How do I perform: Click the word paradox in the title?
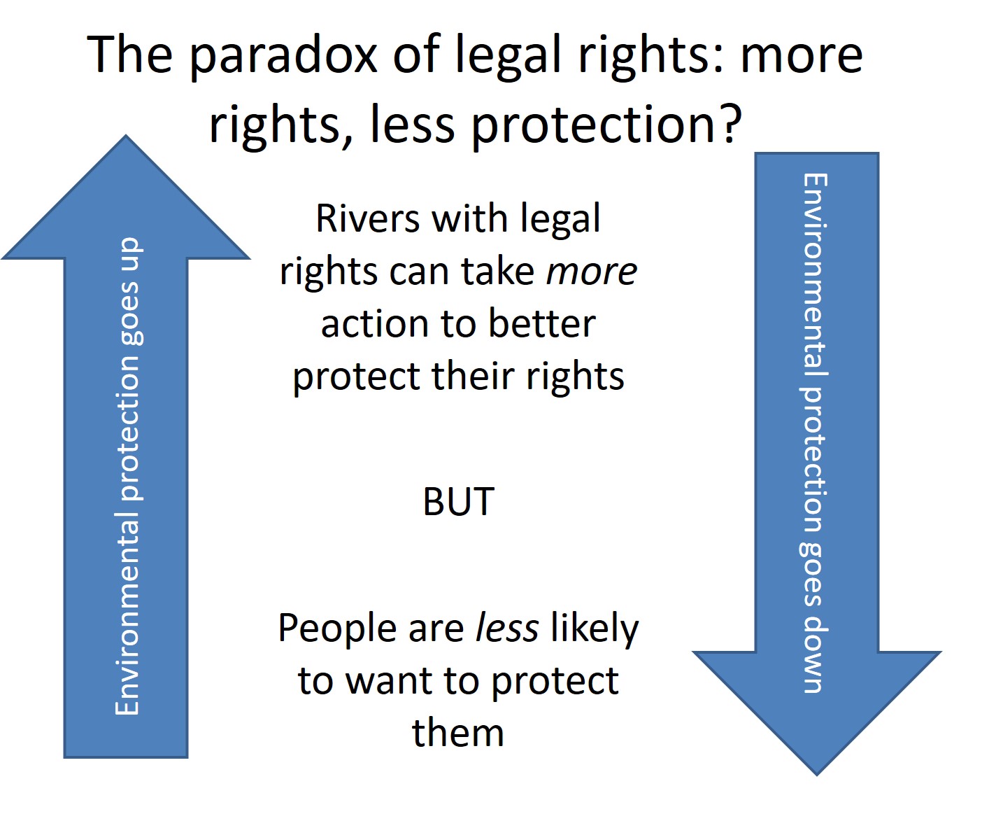(283, 57)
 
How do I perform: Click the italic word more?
(591, 272)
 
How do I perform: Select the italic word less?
(506, 628)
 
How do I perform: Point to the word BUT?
(459, 502)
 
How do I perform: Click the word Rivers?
(368, 218)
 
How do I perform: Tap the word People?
(338, 629)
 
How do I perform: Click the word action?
(375, 325)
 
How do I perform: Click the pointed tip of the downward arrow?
(816, 775)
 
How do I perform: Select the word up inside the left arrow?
(129, 254)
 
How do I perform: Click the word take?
(498, 272)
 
